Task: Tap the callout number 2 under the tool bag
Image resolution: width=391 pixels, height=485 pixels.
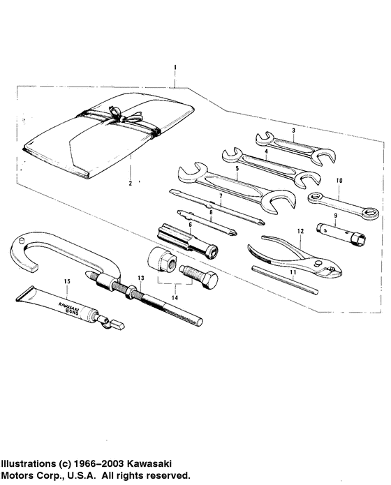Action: point(130,184)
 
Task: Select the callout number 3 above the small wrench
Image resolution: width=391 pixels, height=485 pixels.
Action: point(294,130)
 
